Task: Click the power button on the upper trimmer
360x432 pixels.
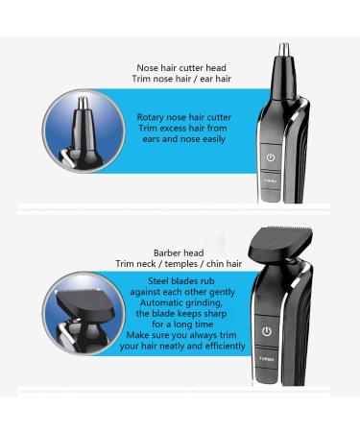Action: pyautogui.click(x=271, y=156)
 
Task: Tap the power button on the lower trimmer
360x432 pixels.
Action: pyautogui.click(x=267, y=331)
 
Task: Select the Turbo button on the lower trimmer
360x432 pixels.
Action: pyautogui.click(x=267, y=359)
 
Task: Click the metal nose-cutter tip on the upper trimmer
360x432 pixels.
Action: pyautogui.click(x=283, y=50)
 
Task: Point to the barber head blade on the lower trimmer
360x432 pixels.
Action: pyautogui.click(x=281, y=243)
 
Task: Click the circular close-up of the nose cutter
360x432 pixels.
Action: pyautogui.click(x=84, y=132)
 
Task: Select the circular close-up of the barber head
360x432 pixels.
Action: pyautogui.click(x=84, y=314)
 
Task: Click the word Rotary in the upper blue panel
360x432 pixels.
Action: pyautogui.click(x=150, y=117)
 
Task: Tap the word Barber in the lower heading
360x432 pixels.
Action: pyautogui.click(x=167, y=252)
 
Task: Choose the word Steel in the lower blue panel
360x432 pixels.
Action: pyautogui.click(x=158, y=281)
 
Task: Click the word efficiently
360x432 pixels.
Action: pyautogui.click(x=226, y=346)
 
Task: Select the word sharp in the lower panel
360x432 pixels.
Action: pyautogui.click(x=215, y=314)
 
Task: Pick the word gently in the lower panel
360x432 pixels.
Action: pyautogui.click(x=222, y=292)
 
